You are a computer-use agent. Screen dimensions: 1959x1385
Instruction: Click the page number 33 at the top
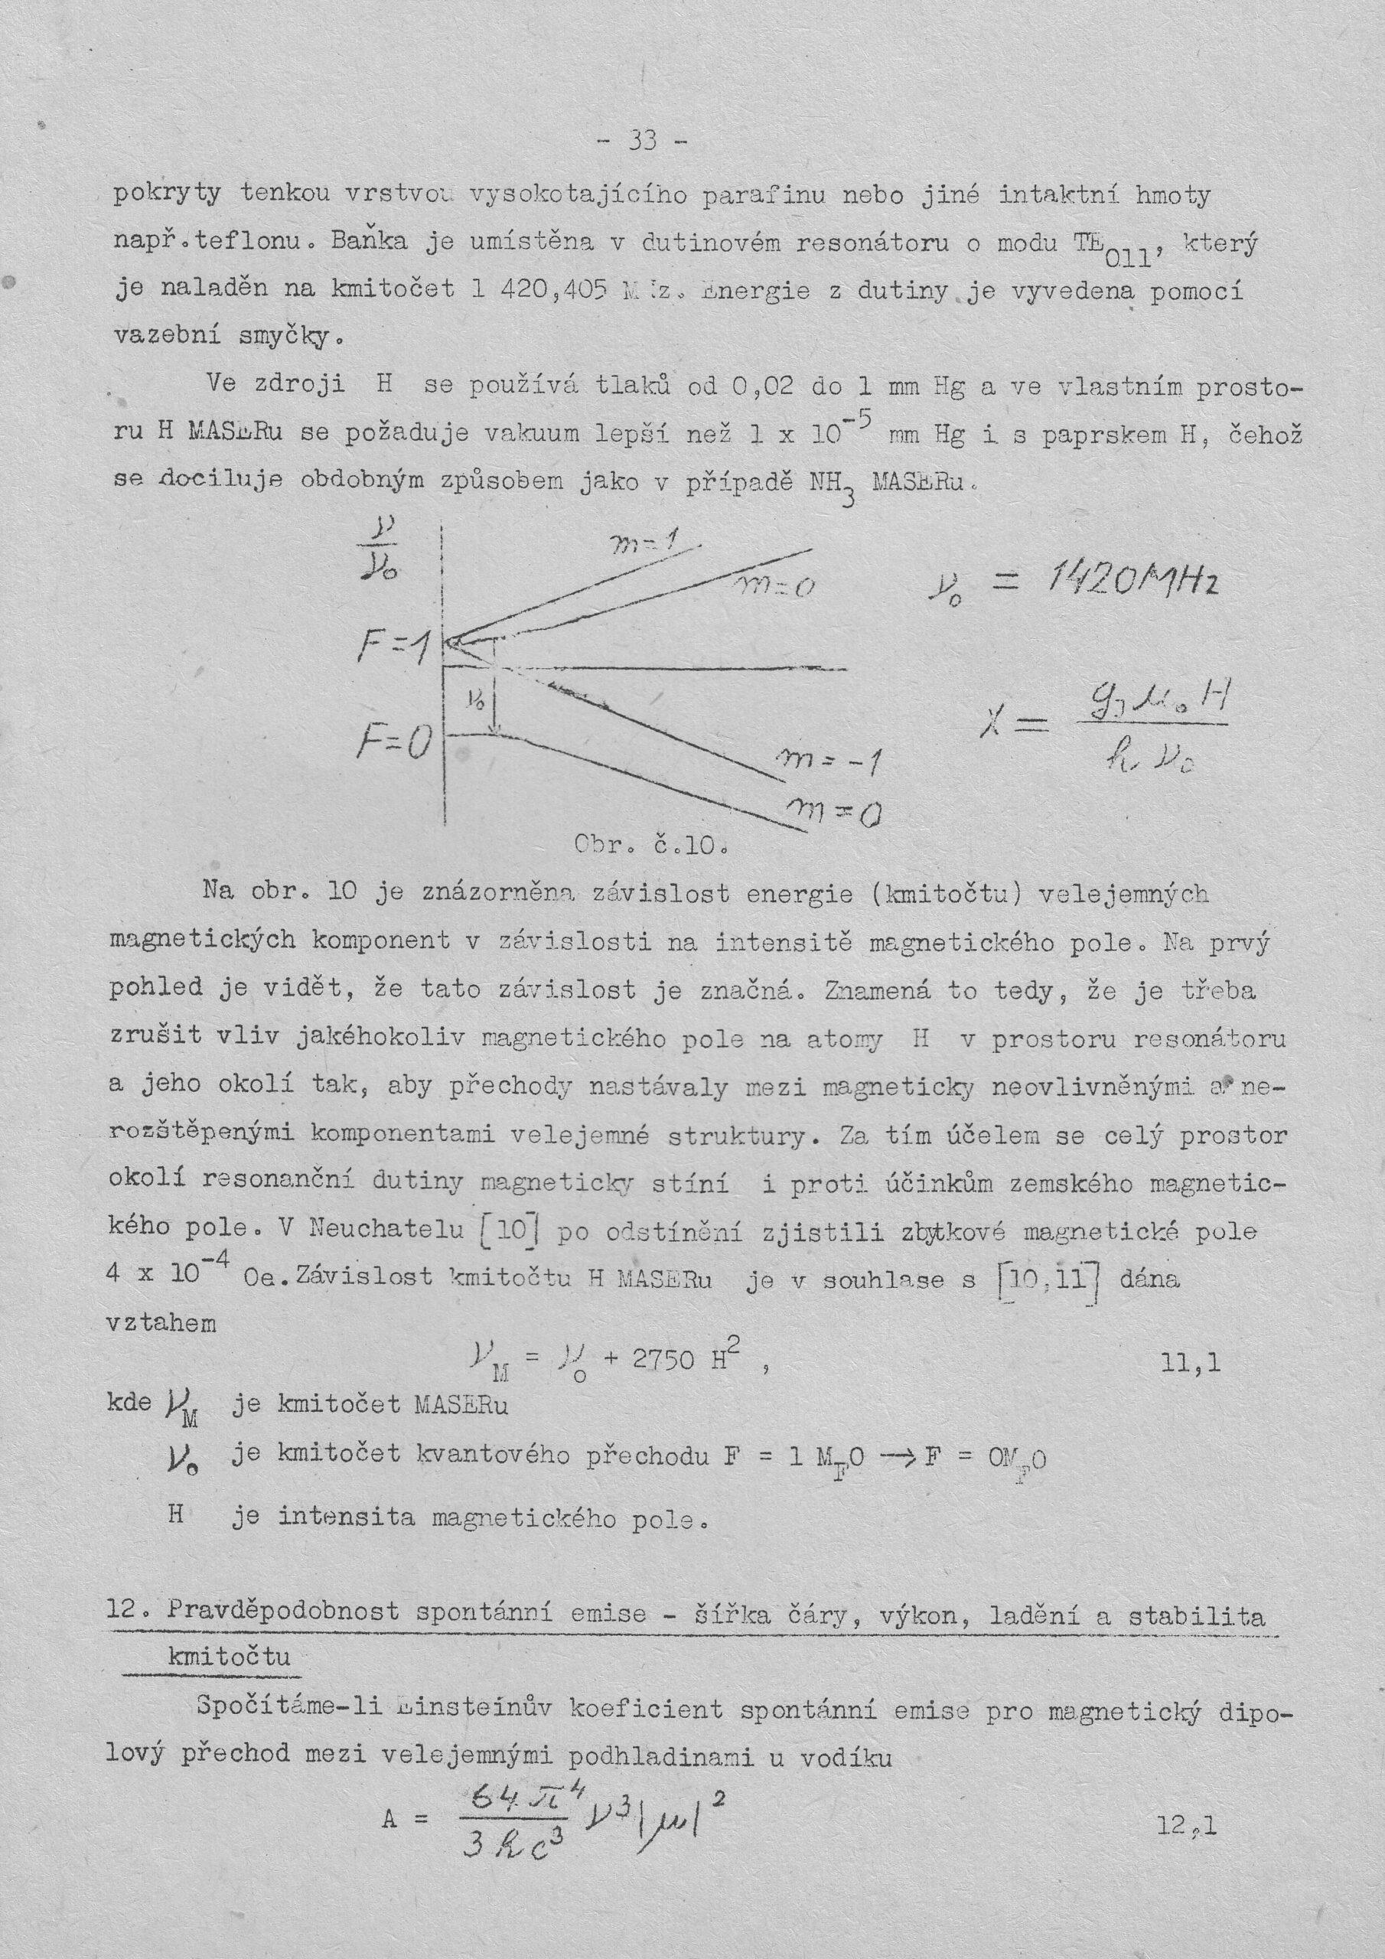[x=643, y=139]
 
